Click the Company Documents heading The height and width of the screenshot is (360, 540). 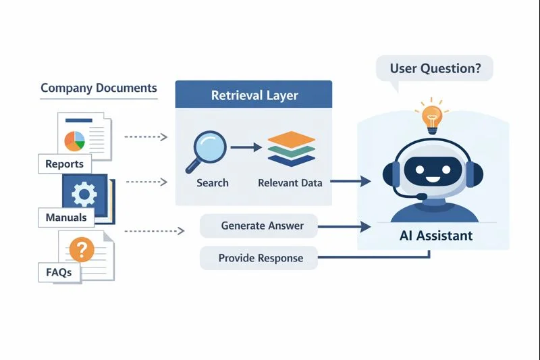point(99,88)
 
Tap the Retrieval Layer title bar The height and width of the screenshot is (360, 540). point(253,95)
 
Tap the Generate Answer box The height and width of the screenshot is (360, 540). point(259,226)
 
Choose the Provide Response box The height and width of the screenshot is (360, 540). point(259,258)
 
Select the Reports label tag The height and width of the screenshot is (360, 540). point(65,163)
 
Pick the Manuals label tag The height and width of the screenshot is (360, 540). point(66,217)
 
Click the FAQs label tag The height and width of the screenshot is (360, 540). point(59,273)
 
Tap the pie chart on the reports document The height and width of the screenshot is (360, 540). point(74,140)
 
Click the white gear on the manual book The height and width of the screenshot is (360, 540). point(84,195)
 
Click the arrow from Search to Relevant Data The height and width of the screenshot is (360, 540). point(244,147)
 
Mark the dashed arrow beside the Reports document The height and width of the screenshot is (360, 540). point(146,137)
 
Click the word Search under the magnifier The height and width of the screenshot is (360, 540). point(213,182)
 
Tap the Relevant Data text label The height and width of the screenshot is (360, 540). point(290,182)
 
